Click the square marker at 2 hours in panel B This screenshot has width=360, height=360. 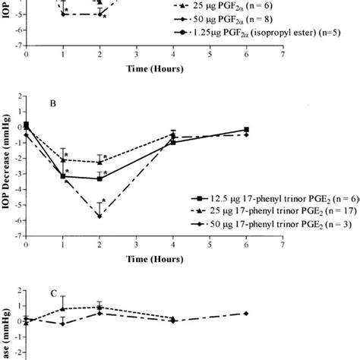(x=99, y=178)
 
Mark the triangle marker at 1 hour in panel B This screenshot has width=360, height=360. (x=63, y=160)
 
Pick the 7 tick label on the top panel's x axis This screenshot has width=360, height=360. (x=283, y=55)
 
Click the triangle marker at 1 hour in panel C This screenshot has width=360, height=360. (x=63, y=309)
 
